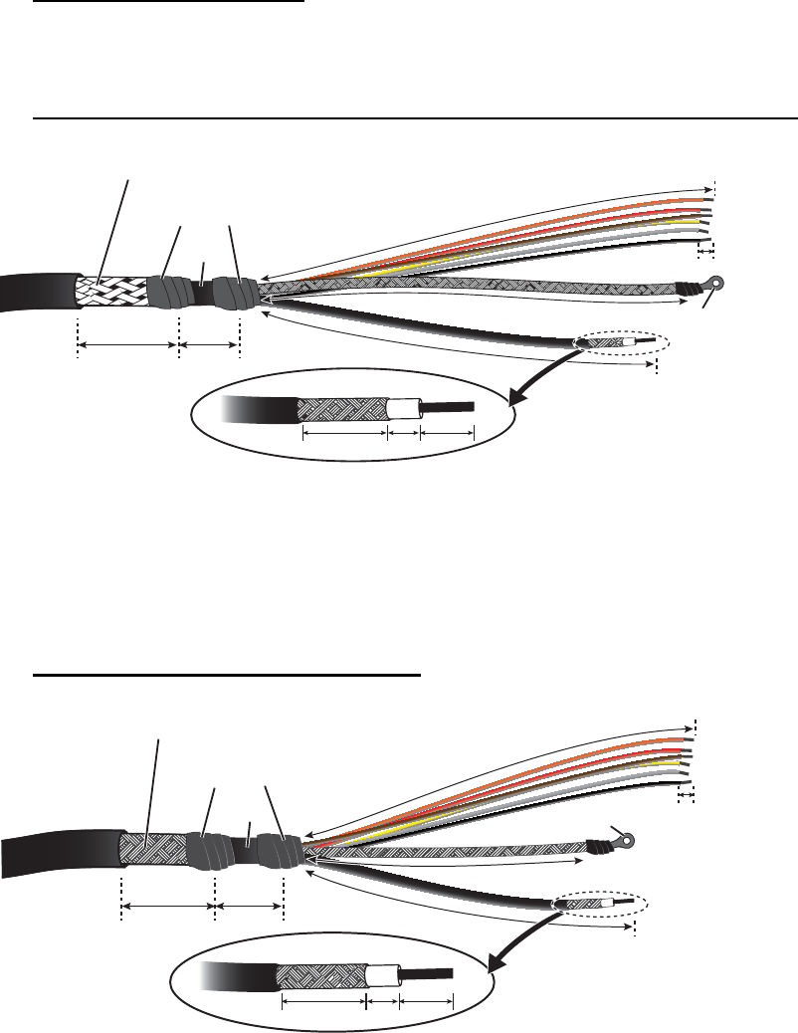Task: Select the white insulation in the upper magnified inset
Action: coord(403,408)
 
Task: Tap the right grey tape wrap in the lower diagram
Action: coord(278,852)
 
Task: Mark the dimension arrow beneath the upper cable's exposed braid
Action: coord(127,346)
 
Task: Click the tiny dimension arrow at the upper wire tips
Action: coord(706,255)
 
